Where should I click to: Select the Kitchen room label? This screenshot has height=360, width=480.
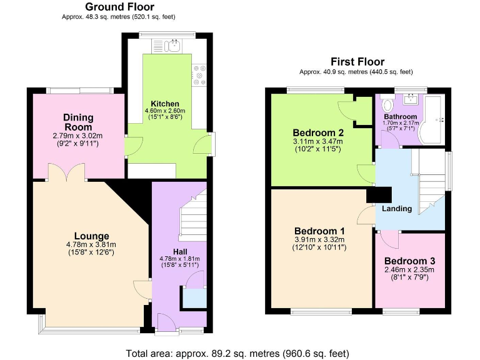[x=165, y=104]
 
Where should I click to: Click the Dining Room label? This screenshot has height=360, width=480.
[x=78, y=122]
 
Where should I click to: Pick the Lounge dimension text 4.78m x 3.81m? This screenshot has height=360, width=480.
[x=91, y=244]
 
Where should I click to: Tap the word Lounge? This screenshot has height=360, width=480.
[x=91, y=236]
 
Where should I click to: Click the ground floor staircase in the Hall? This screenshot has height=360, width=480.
[x=192, y=219]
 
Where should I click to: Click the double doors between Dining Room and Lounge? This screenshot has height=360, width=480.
[x=67, y=172]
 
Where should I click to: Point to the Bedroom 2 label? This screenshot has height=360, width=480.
[x=318, y=132]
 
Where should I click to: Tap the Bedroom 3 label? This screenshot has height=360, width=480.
[x=409, y=261]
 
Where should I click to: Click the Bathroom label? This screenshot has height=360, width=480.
[x=400, y=117]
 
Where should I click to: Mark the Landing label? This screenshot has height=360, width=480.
[x=397, y=209]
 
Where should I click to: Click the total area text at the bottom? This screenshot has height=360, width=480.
[x=239, y=352]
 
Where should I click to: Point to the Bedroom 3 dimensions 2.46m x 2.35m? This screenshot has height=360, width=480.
[x=409, y=269]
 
